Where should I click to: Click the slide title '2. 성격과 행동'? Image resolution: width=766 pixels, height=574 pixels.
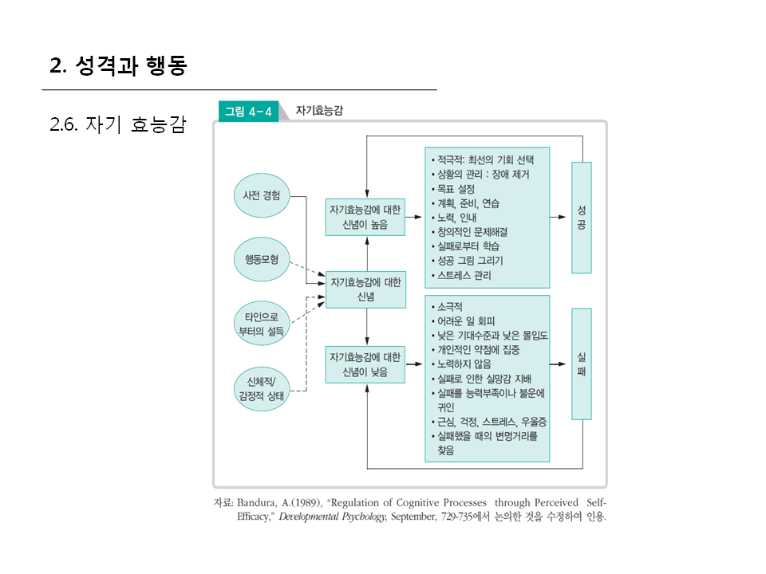tap(118, 66)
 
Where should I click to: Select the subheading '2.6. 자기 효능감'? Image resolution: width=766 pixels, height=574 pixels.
tap(117, 124)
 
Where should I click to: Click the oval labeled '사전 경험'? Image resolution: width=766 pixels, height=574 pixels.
tap(261, 195)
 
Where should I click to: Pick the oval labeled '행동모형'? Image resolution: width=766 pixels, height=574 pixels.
tap(261, 259)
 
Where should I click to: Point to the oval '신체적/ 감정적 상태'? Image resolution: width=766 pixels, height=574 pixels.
tap(261, 388)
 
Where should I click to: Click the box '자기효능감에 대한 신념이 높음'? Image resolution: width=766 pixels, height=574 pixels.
tap(365, 217)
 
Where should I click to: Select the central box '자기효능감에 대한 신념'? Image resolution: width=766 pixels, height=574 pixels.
tap(365, 289)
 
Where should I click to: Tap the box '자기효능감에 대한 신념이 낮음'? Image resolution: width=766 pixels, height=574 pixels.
tap(365, 364)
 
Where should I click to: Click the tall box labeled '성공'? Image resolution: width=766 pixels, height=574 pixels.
tap(581, 218)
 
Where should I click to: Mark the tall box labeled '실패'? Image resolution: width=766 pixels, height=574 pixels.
tap(581, 364)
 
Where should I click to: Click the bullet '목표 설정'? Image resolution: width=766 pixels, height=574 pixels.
tap(456, 189)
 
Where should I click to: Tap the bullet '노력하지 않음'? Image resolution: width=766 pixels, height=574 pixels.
tap(464, 364)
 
